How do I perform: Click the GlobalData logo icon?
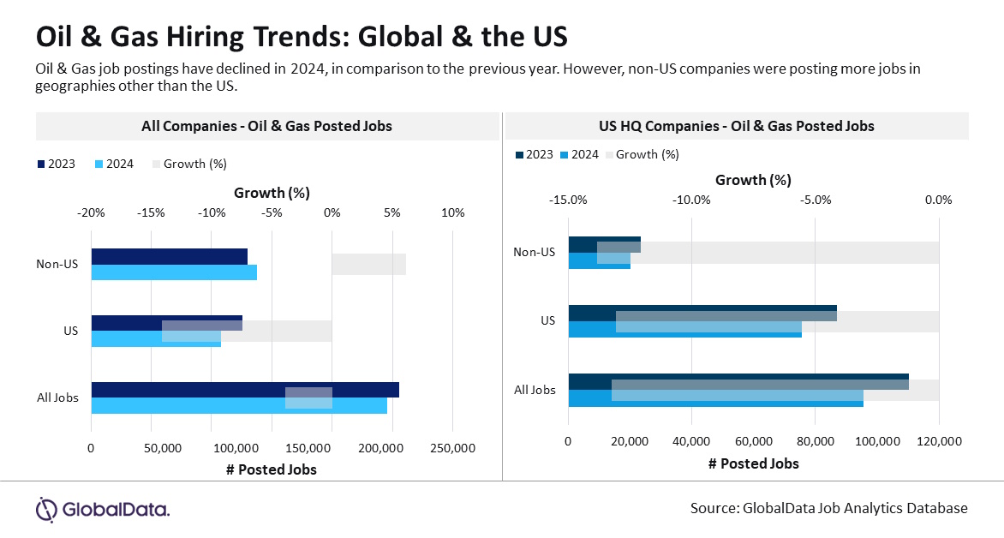pos(46,509)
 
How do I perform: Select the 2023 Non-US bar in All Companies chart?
pos(169,256)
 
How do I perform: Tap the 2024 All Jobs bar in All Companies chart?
pos(239,406)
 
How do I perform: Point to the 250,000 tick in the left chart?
pos(451,448)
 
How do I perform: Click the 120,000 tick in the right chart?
pos(939,441)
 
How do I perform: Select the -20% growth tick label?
pos(91,213)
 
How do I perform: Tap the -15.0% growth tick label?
pos(569,200)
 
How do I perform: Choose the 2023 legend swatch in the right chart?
pos(520,154)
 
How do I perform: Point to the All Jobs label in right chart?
pos(535,390)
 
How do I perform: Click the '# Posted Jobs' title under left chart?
pos(272,469)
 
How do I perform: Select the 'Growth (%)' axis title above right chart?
pos(753,180)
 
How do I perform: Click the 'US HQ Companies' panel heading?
pos(737,126)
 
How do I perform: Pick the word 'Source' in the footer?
pos(713,508)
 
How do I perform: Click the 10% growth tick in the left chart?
pos(453,213)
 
